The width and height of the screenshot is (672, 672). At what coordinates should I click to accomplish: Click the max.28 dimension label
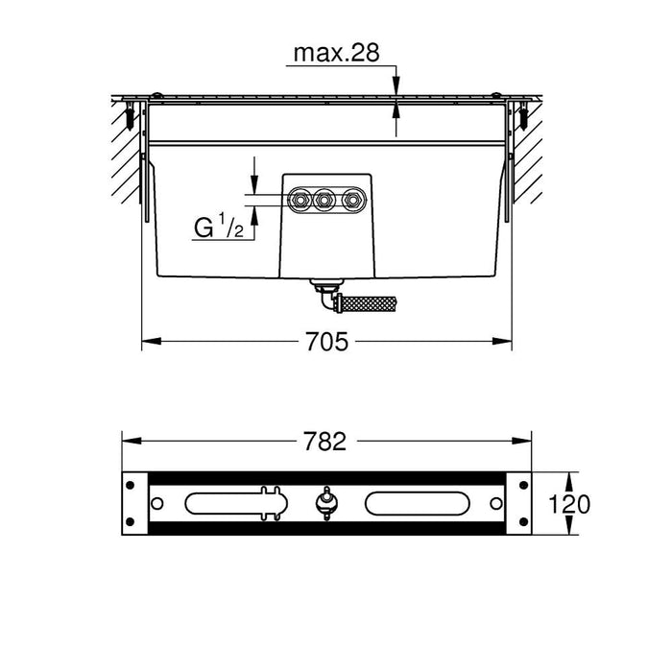click(336, 53)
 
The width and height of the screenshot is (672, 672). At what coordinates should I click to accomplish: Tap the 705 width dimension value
click(327, 342)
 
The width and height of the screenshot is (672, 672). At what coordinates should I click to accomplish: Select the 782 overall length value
click(324, 442)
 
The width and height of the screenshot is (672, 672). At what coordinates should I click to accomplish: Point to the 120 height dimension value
click(569, 504)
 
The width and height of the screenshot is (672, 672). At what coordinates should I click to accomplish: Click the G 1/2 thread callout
click(219, 227)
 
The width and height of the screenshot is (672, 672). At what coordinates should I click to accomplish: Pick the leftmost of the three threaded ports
click(300, 200)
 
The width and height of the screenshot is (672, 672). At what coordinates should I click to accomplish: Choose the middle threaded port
click(325, 200)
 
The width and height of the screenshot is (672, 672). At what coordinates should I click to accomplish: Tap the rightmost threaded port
click(352, 200)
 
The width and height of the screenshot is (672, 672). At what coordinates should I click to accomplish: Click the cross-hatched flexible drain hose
click(367, 304)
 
